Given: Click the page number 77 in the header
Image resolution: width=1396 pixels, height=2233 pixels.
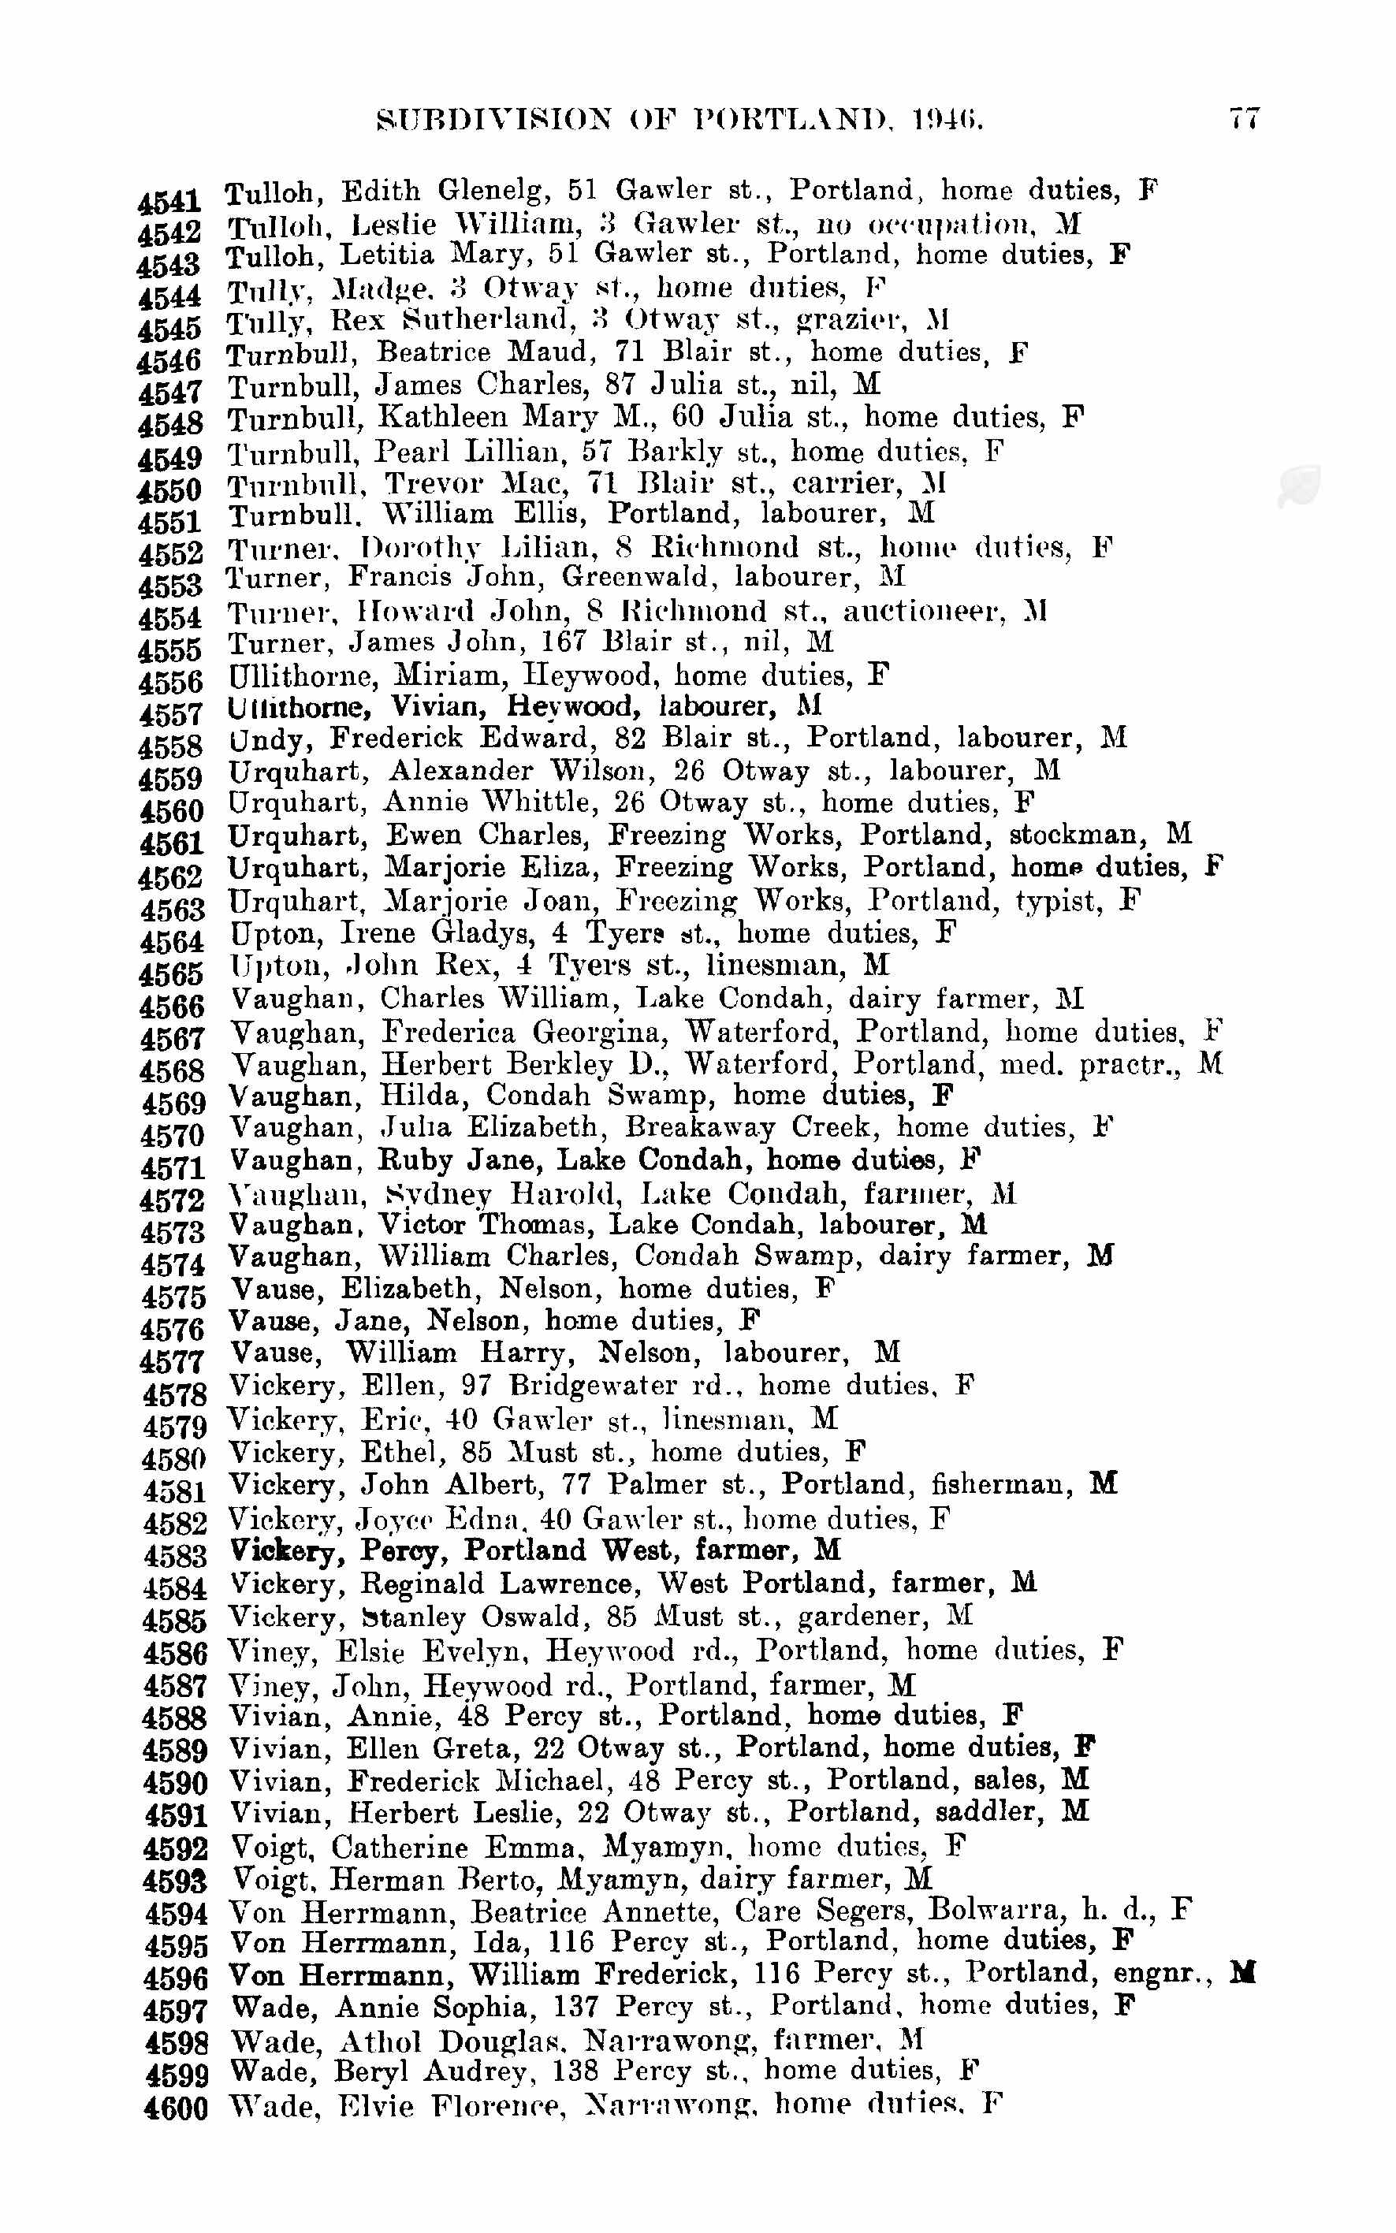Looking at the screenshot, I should point(1244,119).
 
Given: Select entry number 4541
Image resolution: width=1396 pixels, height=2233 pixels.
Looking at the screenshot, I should point(169,201).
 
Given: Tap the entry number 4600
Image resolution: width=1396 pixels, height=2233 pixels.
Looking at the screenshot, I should point(177,2108).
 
